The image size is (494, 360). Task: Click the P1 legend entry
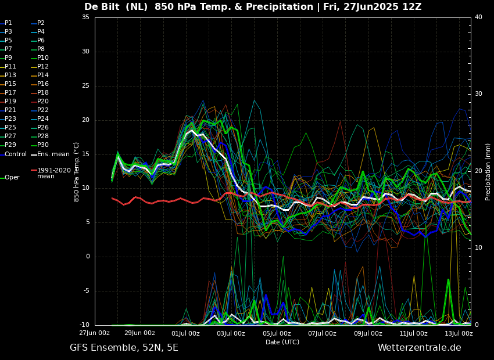click(6, 23)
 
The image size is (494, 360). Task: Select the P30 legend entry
click(40, 145)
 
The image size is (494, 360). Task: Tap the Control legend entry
click(13, 154)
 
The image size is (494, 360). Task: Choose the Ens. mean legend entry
click(50, 154)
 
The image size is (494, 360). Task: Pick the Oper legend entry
click(10, 178)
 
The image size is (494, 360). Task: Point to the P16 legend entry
click(40, 84)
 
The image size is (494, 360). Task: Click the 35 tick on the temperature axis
click(85, 17)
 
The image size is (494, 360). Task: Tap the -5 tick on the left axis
click(85, 291)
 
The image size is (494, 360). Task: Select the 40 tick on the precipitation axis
click(478, 17)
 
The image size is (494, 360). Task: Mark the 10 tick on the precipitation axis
click(478, 248)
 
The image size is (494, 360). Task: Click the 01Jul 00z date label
click(185, 333)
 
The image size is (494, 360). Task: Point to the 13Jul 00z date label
click(459, 333)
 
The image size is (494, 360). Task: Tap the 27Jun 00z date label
click(95, 333)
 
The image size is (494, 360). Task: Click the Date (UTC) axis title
click(282, 342)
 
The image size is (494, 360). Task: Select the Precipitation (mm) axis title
click(488, 171)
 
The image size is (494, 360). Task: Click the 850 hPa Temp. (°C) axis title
click(77, 172)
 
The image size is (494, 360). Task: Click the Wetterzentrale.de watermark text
click(420, 348)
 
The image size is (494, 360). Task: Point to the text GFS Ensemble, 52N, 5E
click(124, 348)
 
